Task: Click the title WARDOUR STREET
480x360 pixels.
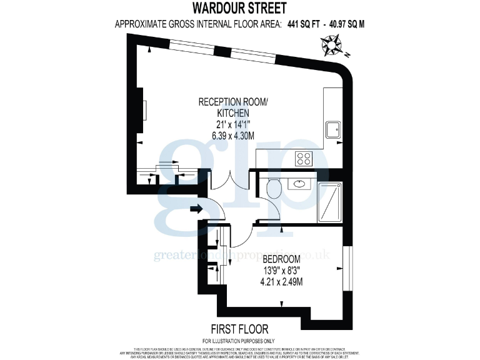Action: pos(239,8)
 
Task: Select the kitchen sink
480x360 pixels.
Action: pos(332,130)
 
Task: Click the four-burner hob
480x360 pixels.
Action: pos(304,159)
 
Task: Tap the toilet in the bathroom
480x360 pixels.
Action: pos(274,187)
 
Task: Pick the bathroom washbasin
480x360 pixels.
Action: pos(299,184)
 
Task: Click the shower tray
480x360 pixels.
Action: pos(330,201)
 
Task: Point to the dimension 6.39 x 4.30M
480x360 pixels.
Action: pos(233,136)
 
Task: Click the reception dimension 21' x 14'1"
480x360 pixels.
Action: pos(233,124)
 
